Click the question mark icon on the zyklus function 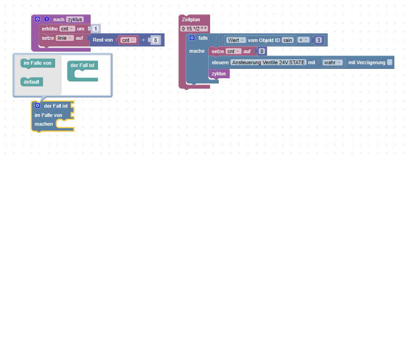[47, 19]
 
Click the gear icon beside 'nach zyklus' [38, 19]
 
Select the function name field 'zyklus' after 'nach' [74, 19]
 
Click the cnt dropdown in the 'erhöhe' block [67, 29]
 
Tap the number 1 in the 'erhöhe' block [96, 29]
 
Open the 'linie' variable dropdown [65, 38]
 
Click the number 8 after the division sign [156, 40]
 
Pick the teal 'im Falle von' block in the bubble [37, 62]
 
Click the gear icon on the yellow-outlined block [37, 106]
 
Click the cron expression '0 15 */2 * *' [194, 29]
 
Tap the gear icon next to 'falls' [192, 38]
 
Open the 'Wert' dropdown [236, 40]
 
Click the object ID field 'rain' [288, 40]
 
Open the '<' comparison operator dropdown [303, 40]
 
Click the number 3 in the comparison [319, 40]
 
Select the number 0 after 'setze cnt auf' [262, 51]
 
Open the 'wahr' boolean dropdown [332, 62]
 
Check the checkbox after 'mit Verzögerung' [390, 62]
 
